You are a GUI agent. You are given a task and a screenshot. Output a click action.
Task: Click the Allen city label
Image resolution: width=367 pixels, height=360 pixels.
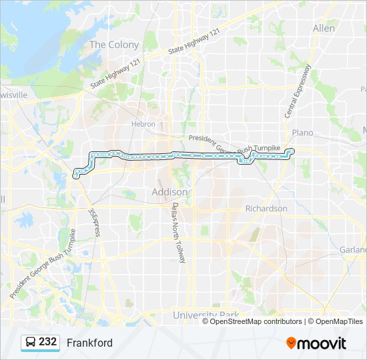[x=324, y=28]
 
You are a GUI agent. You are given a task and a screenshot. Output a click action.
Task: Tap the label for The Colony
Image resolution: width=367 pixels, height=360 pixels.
[x=114, y=45]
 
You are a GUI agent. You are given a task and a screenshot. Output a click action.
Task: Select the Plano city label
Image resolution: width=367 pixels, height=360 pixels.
[x=302, y=133]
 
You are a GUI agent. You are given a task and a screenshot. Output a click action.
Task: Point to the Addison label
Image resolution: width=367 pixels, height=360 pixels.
[x=170, y=192]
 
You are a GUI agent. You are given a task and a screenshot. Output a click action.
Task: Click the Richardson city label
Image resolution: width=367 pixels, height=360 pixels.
[x=266, y=209]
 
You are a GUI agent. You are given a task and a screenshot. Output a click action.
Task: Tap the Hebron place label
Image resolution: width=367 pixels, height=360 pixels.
[x=143, y=124]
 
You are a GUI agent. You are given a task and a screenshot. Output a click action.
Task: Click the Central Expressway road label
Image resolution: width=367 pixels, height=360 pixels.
[x=298, y=91]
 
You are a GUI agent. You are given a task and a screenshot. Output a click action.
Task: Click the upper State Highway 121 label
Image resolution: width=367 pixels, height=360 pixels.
[x=195, y=41]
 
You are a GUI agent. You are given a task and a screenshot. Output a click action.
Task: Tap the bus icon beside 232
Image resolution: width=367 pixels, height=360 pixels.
[x=29, y=343]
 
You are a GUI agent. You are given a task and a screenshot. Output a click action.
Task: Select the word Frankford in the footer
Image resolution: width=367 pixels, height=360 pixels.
[x=89, y=343]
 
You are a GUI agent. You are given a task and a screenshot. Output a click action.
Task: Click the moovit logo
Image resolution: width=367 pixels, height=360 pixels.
[x=316, y=343]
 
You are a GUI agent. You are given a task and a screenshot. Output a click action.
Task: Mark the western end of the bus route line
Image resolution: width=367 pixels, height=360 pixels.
[x=76, y=176]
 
